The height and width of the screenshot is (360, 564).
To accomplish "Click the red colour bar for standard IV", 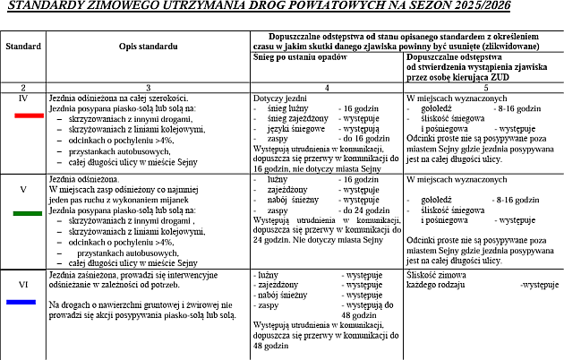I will click(x=24, y=116).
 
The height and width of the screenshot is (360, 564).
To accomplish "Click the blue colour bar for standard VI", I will click(x=24, y=301).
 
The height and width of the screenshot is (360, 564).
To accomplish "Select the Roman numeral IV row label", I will click(x=23, y=96).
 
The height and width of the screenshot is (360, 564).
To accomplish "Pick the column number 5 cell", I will click(x=484, y=86).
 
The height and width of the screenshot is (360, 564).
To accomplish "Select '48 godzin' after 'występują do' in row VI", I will click(x=358, y=314).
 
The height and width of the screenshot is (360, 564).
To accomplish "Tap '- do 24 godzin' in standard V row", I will click(x=359, y=210).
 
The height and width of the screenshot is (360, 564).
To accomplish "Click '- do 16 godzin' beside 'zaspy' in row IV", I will click(x=359, y=138).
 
